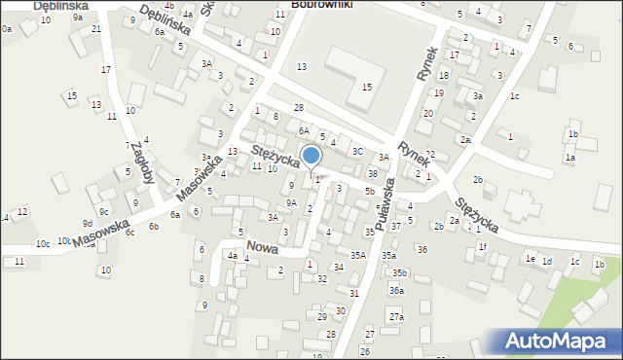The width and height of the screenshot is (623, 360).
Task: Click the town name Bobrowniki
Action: [x=322, y=5]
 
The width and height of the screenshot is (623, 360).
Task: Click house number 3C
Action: [x=357, y=151]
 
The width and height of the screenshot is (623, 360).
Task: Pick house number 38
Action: [x=373, y=173]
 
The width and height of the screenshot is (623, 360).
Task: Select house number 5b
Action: [x=369, y=192]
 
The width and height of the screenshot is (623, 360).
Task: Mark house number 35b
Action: [x=400, y=273]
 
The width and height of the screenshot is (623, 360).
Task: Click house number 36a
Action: [x=396, y=290]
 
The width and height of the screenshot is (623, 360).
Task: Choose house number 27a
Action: [x=396, y=317]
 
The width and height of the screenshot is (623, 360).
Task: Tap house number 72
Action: [x=429, y=155]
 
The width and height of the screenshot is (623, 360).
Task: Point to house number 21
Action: [x=95, y=28]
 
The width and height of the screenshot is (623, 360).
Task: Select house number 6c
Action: [x=129, y=232]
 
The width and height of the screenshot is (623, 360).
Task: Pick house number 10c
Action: [x=43, y=243]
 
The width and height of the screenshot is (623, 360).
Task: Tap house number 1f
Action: [x=483, y=246]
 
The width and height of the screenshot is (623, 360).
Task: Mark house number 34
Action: [x=339, y=267]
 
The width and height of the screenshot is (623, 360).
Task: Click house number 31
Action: [x=354, y=293]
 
